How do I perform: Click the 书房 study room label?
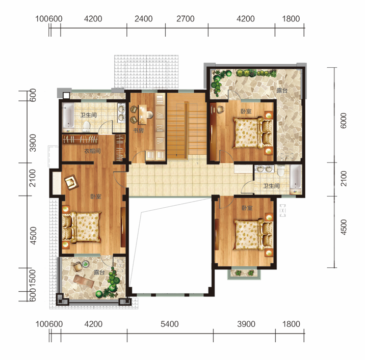coord(138,131)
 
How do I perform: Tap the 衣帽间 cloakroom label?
coord(92,151)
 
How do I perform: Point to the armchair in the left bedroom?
coord(71,180)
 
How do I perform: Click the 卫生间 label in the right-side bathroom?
coord(271,186)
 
